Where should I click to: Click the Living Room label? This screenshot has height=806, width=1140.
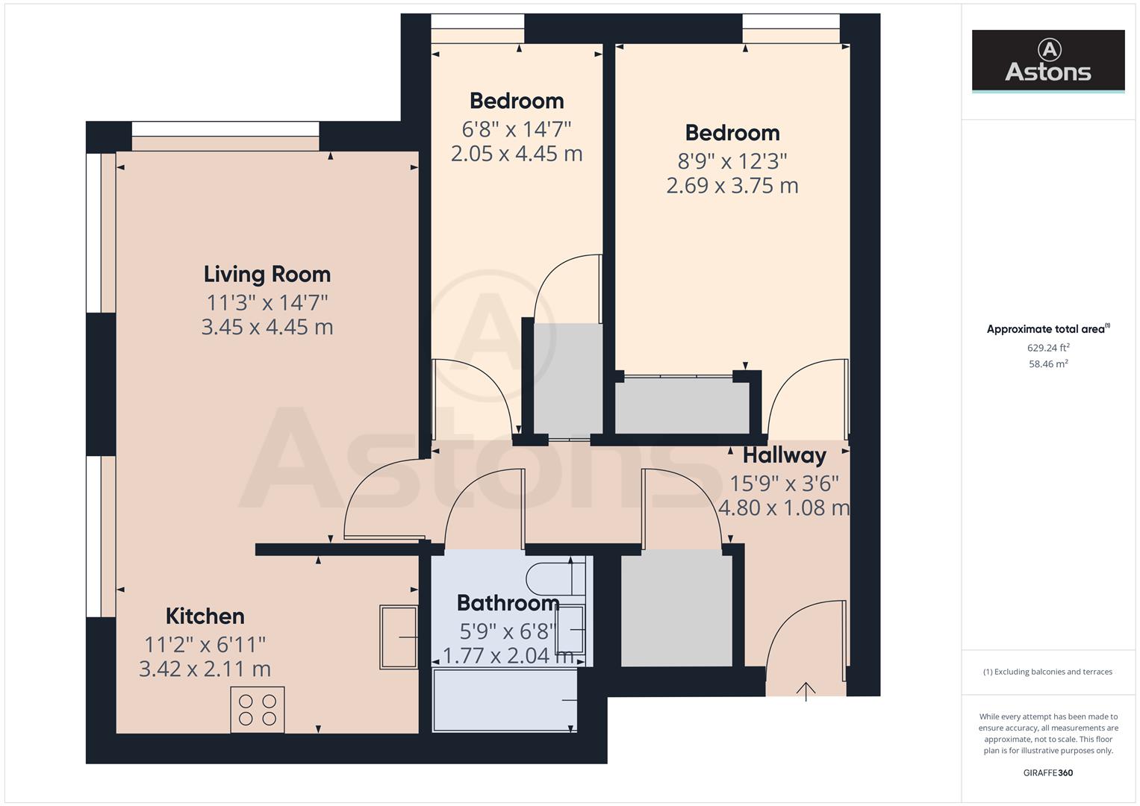(x=267, y=274)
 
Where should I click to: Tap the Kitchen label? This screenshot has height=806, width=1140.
(x=205, y=616)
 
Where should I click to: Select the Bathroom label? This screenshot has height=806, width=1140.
(x=508, y=602)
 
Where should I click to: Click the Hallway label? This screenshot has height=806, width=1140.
(x=784, y=454)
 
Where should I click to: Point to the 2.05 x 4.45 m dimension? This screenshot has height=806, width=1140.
(x=516, y=154)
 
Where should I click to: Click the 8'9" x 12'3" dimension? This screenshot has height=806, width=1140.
(x=732, y=160)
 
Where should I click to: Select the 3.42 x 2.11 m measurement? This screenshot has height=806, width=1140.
(x=205, y=669)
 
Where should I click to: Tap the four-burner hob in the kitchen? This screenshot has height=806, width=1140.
(x=258, y=709)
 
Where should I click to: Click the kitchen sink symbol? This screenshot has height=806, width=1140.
(x=399, y=637)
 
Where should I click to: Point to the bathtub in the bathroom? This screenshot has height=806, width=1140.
(x=505, y=700)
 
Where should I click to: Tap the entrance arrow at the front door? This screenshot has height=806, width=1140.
(x=806, y=691)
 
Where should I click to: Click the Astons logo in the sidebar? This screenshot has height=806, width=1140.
(x=1047, y=61)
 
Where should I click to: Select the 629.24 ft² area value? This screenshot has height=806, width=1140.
(x=1047, y=348)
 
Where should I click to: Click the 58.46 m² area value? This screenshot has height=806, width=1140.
(x=1047, y=364)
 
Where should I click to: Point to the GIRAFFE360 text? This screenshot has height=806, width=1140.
(x=1047, y=772)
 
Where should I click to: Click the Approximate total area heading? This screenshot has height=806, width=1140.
(x=1047, y=329)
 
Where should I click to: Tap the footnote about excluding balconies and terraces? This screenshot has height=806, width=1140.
(x=1047, y=672)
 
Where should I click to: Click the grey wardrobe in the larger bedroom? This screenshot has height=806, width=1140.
(x=682, y=406)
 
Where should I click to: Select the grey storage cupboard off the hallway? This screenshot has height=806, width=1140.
(x=676, y=608)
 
